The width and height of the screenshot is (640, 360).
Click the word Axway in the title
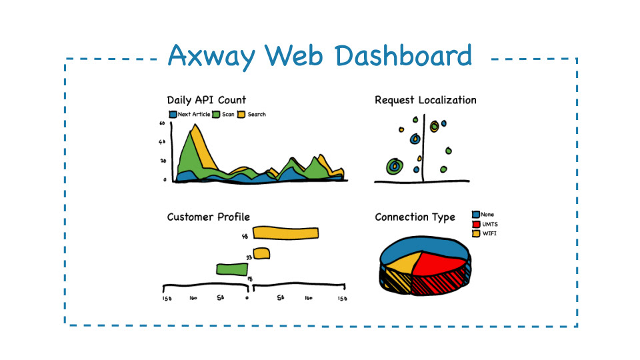point(211,56)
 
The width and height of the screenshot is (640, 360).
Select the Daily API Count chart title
point(206,101)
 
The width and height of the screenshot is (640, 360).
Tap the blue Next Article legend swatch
point(173,115)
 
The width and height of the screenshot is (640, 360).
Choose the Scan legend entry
point(224,115)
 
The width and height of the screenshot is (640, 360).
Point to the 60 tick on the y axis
point(162,124)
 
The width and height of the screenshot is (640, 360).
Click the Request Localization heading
point(425,100)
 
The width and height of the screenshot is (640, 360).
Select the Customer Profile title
point(208,217)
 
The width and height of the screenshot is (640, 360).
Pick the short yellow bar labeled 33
point(261,253)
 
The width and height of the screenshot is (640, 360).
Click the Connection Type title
point(415,217)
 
